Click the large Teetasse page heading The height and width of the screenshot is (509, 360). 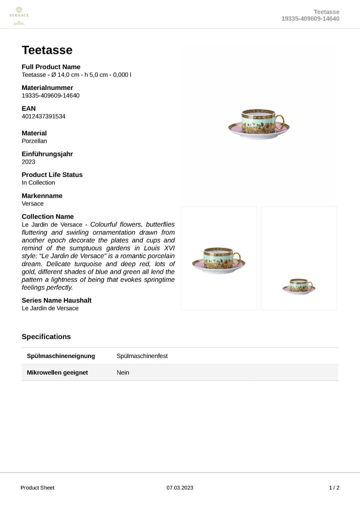pos(47,50)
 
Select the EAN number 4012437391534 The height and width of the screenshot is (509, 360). pos(43,116)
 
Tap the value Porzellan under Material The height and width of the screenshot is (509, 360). pos(34,141)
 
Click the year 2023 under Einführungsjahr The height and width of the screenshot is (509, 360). pos(28,162)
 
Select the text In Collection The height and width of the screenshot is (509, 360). pos(38,182)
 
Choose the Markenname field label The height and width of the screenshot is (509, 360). pos(42,195)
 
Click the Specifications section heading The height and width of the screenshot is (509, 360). pos(46,336)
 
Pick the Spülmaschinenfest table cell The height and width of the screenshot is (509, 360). pos(142,356)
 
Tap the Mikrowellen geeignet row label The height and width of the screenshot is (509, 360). pos(57,372)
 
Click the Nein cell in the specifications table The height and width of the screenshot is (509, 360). pos(122,372)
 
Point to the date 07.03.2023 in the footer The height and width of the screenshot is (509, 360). pos(180,487)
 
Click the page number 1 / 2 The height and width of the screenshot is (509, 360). pos(334,487)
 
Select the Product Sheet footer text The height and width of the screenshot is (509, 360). pos(37,487)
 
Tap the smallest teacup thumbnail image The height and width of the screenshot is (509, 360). pos(298,286)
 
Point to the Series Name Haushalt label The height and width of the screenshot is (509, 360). pos(56,300)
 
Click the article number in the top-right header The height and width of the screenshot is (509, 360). pos(310,18)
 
